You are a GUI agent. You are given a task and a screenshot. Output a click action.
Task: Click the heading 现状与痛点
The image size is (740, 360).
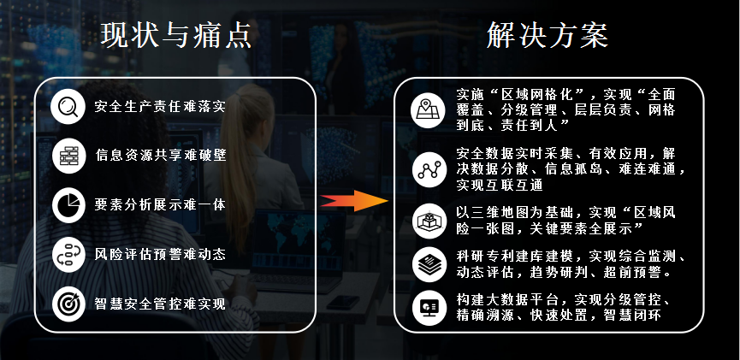tap(176, 35)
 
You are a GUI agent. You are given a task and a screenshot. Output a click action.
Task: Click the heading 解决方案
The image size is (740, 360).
tap(548, 35)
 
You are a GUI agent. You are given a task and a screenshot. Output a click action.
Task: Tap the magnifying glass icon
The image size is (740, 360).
tap(68, 107)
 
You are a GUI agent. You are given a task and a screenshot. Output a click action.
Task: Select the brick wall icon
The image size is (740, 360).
tap(69, 156)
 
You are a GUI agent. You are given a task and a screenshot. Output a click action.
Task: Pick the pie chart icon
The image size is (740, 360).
tap(69, 205)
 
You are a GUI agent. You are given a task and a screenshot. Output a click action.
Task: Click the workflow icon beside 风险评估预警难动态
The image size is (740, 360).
tap(69, 255)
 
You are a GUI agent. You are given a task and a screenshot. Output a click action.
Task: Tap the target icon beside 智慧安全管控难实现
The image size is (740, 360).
tap(69, 304)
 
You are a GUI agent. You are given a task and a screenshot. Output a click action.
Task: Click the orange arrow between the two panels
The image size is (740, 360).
tap(354, 201)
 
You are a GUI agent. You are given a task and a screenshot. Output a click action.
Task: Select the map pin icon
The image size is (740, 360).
tap(428, 111)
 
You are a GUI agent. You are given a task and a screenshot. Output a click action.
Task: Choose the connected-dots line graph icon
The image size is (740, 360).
tap(429, 170)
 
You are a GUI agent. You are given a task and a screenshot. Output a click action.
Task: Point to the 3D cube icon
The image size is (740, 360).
tap(429, 221)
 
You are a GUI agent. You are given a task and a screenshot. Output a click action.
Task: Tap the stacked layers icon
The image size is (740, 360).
tap(429, 265)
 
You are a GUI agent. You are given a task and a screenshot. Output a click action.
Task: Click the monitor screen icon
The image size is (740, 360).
tap(429, 308)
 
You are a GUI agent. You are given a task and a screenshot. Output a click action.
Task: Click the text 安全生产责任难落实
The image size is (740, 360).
tap(160, 107)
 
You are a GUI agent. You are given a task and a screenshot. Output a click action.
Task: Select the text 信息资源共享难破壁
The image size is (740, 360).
tap(161, 155)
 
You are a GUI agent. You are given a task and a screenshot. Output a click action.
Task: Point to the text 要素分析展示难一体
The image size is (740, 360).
tap(160, 204)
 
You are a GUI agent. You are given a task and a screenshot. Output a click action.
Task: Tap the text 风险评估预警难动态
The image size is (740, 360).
tap(160, 255)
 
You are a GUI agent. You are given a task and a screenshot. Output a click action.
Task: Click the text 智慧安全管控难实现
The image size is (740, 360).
tap(160, 304)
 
